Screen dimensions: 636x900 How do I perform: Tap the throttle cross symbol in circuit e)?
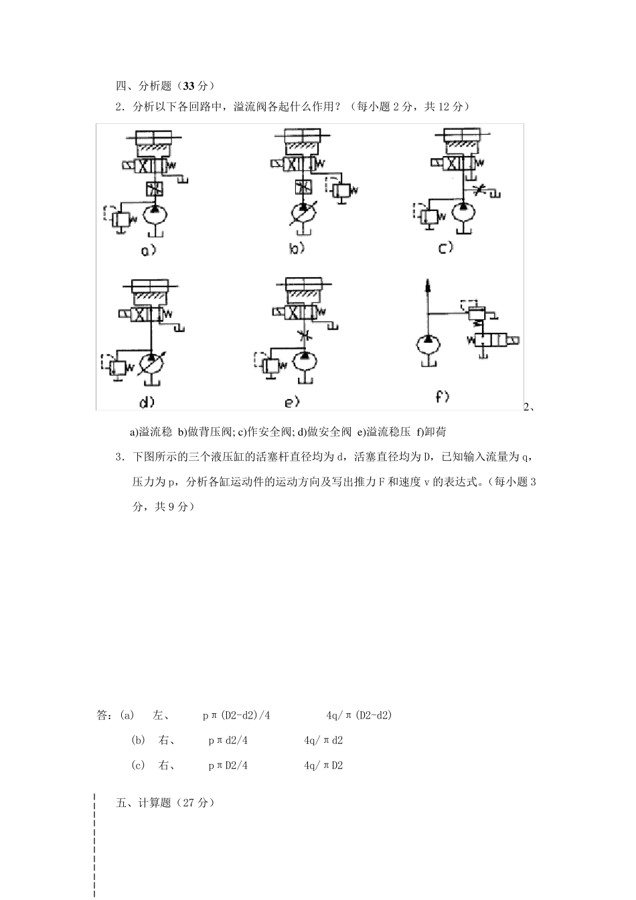pos(305,336)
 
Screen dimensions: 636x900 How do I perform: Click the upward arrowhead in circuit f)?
pos(428,287)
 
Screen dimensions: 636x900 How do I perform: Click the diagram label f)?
pos(442,396)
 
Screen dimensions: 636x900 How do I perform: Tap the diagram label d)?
pos(147,402)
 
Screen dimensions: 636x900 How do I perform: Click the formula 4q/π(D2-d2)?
pos(359,715)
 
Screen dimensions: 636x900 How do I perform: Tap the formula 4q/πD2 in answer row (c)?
pos(323,765)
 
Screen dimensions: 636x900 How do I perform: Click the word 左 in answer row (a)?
pos(159,715)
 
